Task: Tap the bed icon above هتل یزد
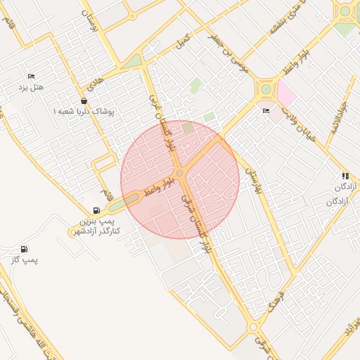coord(31,76)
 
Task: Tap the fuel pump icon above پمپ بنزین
coord(96,210)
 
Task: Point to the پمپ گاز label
coord(23,260)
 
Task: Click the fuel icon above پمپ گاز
coord(24,249)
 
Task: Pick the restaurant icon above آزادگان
coord(345,176)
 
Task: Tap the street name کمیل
coord(184,40)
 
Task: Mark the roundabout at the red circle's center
coord(180,173)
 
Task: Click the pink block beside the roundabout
coord(286,92)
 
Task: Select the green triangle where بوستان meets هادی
coord(133,62)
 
